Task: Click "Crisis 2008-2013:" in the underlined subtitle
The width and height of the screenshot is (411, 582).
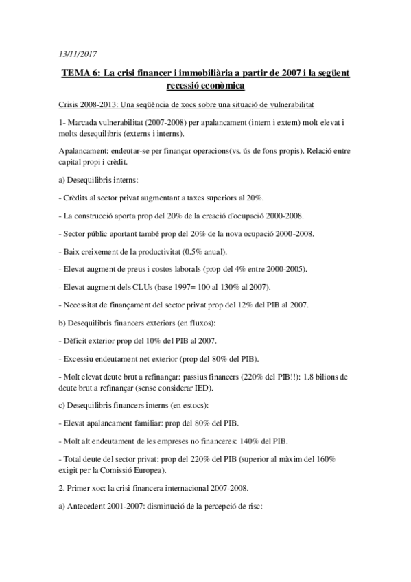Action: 85,104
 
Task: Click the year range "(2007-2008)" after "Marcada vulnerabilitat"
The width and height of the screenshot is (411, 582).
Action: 154,122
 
